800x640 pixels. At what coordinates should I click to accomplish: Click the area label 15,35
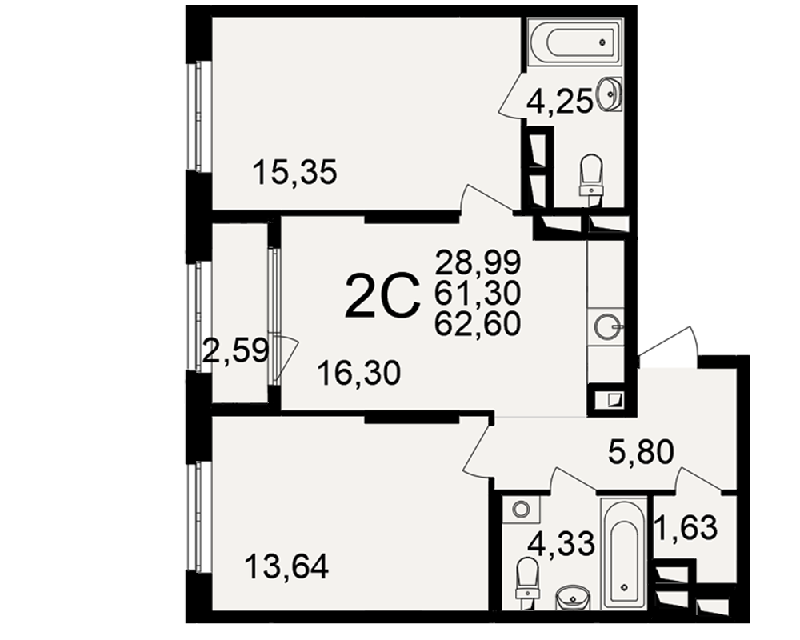(x=295, y=172)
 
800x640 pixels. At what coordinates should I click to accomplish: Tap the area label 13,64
(x=286, y=566)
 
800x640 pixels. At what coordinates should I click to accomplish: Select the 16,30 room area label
(x=358, y=373)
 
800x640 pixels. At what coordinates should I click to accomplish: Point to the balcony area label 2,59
(x=235, y=350)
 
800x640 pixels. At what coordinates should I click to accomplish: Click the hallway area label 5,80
(x=642, y=452)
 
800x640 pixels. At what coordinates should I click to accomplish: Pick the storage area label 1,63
(x=686, y=527)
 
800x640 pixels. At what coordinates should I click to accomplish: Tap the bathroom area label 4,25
(x=560, y=102)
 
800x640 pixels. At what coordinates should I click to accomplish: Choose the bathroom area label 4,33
(x=562, y=543)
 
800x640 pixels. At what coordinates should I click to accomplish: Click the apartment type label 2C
(x=382, y=296)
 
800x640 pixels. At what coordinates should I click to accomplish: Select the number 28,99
(x=478, y=263)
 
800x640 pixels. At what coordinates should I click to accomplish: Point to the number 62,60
(x=478, y=323)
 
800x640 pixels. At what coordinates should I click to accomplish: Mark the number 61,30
(x=478, y=293)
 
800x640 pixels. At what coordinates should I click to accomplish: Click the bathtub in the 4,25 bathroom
(x=575, y=42)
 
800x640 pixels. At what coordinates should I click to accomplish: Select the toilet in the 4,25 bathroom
(x=591, y=177)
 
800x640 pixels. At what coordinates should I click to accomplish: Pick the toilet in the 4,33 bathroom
(x=527, y=582)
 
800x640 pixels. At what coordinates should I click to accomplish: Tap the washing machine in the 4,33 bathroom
(x=521, y=509)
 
